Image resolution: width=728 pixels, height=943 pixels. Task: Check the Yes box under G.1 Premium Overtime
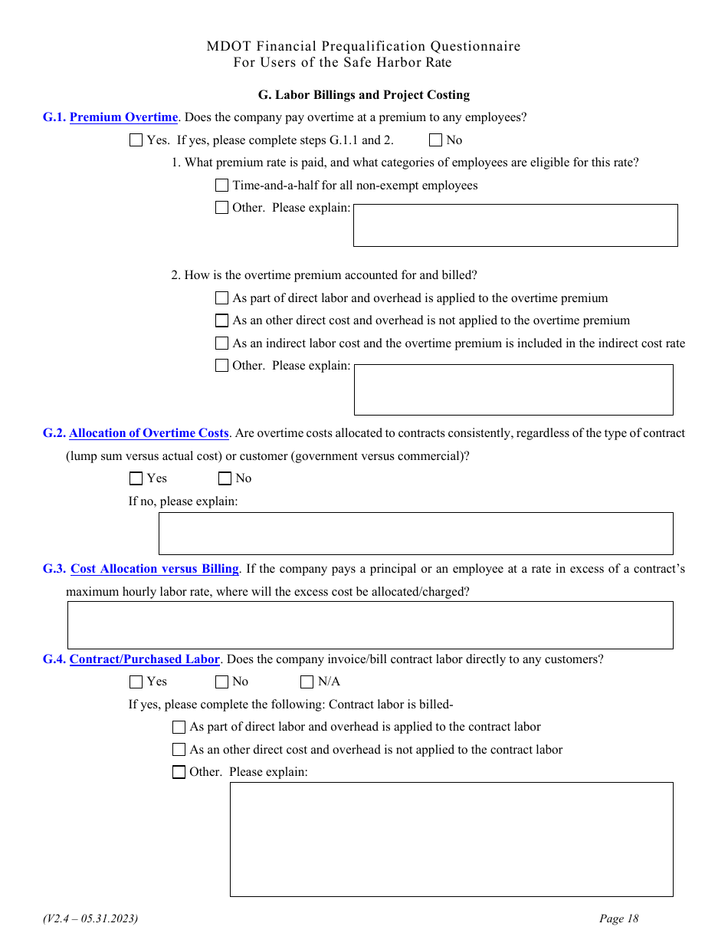point(136,140)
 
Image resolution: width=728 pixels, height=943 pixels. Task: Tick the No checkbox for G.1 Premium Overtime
point(436,140)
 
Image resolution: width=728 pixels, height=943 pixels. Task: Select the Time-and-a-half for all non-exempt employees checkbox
point(222,186)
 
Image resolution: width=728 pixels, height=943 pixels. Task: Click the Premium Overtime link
point(123,117)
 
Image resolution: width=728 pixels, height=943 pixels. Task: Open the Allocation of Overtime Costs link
point(149,433)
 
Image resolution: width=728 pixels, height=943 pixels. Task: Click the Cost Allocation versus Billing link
point(155,569)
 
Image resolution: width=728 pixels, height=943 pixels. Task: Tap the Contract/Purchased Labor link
point(145,659)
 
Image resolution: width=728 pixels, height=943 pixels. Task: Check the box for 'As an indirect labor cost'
point(222,343)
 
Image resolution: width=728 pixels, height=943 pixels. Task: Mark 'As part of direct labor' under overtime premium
point(222,298)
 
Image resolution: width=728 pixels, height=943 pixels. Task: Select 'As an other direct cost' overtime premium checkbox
point(222,320)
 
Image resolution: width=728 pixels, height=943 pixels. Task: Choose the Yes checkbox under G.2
point(136,478)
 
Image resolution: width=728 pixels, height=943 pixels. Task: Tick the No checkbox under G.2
point(225,478)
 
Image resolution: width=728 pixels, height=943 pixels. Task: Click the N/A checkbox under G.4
point(307,682)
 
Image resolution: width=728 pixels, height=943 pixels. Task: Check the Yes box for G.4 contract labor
point(136,682)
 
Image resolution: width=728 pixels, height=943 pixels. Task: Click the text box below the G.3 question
point(370,625)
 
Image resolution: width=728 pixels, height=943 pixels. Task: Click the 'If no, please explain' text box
point(415,534)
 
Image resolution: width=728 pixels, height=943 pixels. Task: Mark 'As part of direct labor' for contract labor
point(179,727)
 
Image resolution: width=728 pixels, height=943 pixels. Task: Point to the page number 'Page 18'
point(618,918)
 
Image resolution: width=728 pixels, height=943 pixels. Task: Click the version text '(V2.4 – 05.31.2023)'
point(90,918)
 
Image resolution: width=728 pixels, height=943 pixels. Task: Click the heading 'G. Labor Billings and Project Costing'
point(363,95)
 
